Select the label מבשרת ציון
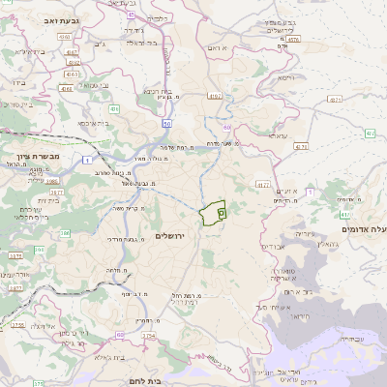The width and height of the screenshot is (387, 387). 38,155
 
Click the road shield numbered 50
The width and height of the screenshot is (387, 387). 166,124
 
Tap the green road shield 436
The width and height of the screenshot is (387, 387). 114,109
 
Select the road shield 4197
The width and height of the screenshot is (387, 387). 215,96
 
